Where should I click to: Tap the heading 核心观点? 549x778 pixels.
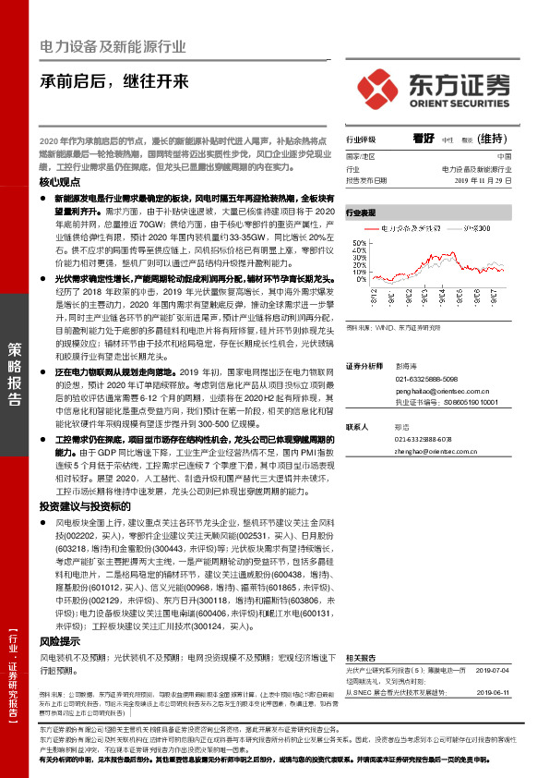(x=61, y=183)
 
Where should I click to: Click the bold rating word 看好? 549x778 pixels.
(x=424, y=139)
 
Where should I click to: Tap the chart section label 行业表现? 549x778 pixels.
(x=363, y=212)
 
